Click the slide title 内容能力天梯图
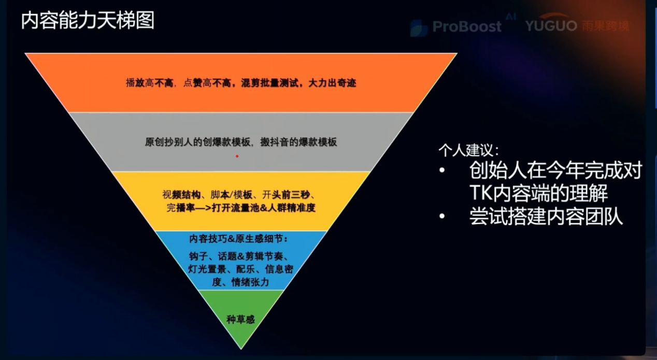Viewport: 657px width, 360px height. point(88,22)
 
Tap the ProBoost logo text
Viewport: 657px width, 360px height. point(466,26)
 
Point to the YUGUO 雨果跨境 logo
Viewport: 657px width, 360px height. point(577,25)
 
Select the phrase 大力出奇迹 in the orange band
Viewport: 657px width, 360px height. point(332,83)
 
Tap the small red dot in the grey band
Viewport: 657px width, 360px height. point(237,156)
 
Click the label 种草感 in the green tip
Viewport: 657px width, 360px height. point(240,319)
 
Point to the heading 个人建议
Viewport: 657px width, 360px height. point(468,151)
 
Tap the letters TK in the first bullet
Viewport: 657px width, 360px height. point(480,193)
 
